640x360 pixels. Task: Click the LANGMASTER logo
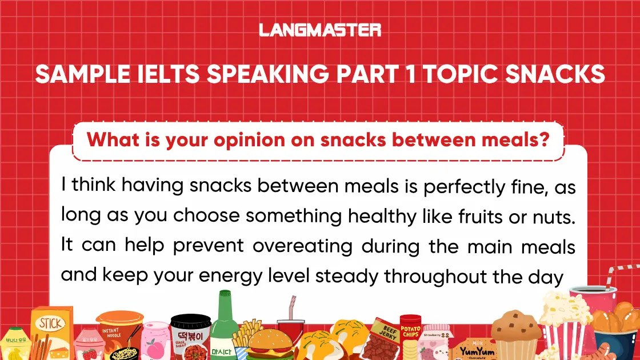(x=320, y=30)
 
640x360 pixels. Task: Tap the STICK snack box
(x=51, y=334)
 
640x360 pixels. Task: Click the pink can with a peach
(x=156, y=341)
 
